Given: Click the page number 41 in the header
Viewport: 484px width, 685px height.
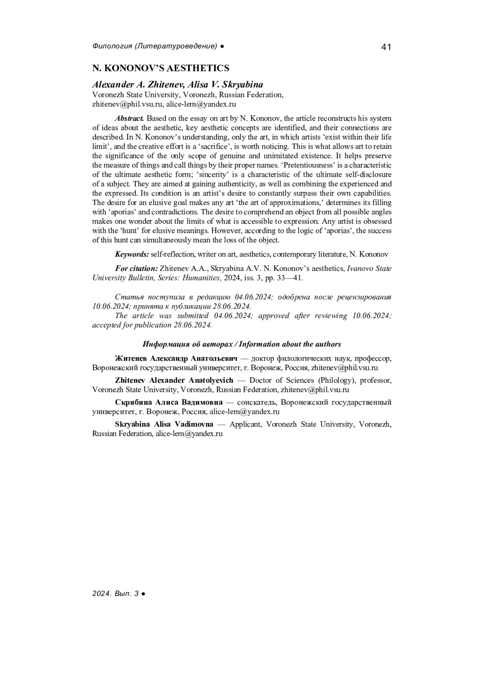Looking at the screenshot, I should click(386, 47).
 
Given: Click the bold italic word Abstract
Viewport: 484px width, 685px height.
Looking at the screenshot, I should click(129, 119).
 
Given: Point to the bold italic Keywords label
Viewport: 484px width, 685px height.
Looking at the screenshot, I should click(132, 254).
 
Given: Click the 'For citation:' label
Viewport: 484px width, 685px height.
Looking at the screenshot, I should click(136, 268).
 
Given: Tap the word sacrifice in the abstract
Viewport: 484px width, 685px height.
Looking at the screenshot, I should click(222, 147).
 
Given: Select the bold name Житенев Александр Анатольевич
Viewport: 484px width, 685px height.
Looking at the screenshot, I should click(176, 358).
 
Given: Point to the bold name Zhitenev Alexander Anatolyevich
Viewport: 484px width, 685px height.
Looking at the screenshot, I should click(174, 380).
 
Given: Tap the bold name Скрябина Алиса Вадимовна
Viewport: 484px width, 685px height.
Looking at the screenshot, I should click(169, 402).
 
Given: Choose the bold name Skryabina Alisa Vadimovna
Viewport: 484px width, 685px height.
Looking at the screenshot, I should click(164, 424).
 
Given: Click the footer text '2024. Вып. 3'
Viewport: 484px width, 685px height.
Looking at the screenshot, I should click(115, 594).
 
